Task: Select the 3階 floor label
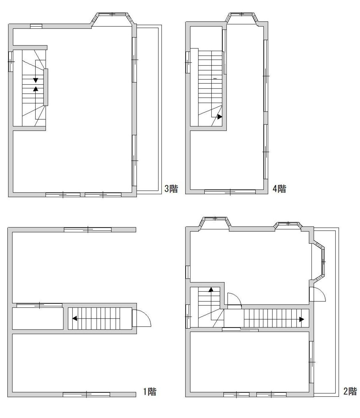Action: (x=171, y=189)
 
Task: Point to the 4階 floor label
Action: (x=279, y=189)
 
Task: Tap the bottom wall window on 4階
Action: (x=230, y=192)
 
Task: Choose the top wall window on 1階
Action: (x=88, y=230)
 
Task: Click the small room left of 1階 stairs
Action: (x=38, y=319)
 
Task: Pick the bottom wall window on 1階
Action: (x=86, y=394)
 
